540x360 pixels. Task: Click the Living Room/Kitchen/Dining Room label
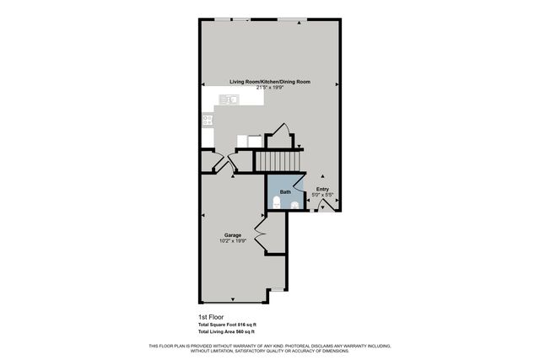point(270,81)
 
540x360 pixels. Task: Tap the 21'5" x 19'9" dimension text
point(270,87)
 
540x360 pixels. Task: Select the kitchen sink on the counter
point(228,99)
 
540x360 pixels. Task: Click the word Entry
point(322,189)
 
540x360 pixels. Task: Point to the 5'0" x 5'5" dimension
point(322,195)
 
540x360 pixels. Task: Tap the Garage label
point(233,234)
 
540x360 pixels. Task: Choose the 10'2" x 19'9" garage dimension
point(233,240)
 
